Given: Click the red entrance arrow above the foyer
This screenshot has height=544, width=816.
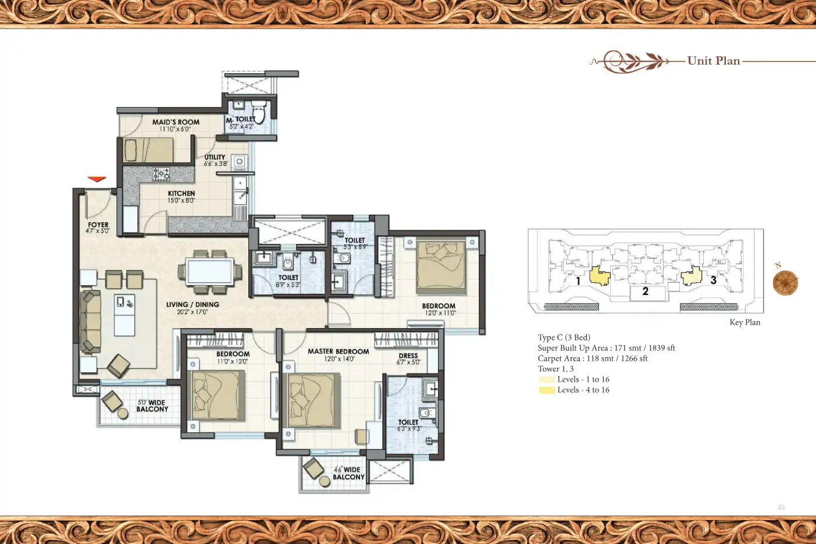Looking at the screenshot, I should coord(97,179).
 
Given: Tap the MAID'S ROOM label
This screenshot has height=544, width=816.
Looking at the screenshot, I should coord(176,122).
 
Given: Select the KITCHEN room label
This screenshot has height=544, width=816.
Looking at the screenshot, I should coord(181,194).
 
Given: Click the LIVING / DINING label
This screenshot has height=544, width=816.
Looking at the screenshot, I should coord(193,304).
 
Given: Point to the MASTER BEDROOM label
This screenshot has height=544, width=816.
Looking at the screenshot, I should coord(338,351).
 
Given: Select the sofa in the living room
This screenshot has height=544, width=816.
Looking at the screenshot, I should coord(90,322).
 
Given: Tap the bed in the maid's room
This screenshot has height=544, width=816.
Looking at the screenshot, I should coord(148,151).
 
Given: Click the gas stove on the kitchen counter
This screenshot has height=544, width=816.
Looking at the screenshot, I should coord(161,173).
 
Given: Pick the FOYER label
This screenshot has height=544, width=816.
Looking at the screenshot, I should coord(98,225).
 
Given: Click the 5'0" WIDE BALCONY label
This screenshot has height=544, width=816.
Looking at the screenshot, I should coord(152,406).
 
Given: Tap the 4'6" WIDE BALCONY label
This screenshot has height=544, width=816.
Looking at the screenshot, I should coord(348,473).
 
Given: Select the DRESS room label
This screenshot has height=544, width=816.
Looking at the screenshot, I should coord(408,355).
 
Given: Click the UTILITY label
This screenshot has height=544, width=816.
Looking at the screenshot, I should coord(215,157).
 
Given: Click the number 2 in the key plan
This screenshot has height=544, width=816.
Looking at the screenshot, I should coord(645,291).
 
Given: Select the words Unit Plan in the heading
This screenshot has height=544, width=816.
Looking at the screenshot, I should coord(713,61).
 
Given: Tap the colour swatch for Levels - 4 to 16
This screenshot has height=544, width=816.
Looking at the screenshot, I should coord(546,390).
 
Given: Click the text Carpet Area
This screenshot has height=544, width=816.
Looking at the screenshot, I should coord(558,358).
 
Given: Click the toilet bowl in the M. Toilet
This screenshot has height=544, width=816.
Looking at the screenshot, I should coord(259,114).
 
